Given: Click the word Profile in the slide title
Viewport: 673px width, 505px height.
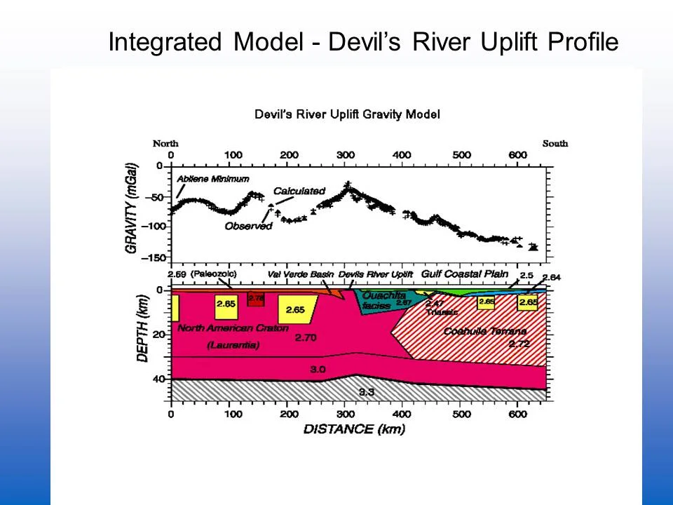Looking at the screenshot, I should click(583, 43).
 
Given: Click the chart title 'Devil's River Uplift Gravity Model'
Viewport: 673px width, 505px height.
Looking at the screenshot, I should click(347, 114).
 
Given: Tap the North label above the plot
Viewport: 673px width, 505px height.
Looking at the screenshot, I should click(165, 143).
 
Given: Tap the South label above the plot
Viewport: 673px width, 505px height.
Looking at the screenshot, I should click(555, 143).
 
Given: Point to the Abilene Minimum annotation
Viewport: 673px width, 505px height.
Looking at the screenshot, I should click(212, 179).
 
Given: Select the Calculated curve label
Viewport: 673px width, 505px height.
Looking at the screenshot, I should click(299, 191).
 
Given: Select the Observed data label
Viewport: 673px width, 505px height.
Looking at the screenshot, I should click(248, 226).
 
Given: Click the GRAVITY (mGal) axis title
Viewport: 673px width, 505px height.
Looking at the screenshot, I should click(132, 208).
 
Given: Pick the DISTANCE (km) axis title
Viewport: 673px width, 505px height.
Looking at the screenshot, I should click(354, 429).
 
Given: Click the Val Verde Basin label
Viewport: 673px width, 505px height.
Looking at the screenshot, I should click(301, 274).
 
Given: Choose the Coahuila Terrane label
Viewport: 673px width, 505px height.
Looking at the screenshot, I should click(485, 331).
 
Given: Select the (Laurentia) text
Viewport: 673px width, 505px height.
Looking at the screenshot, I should click(233, 345).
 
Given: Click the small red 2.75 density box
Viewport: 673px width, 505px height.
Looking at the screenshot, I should click(256, 299).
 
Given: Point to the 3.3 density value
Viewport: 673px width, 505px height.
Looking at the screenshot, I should click(366, 392).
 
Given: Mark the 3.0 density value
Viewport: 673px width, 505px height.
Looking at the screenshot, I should click(318, 369).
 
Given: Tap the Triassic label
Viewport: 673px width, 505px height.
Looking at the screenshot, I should click(442, 312).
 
